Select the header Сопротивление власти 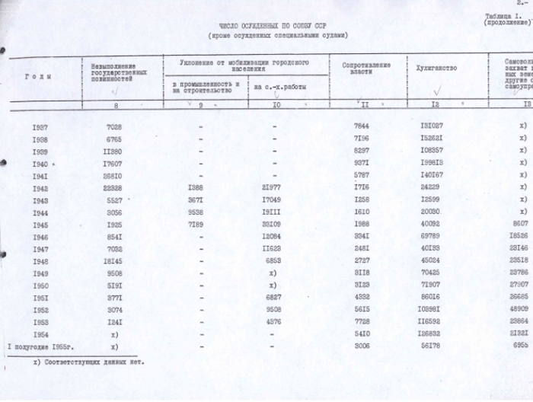(356, 68)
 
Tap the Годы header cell (37, 76)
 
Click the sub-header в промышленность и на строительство (206, 87)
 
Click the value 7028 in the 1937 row (113, 126)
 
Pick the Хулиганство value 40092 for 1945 (442, 225)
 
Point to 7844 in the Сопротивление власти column (363, 126)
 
